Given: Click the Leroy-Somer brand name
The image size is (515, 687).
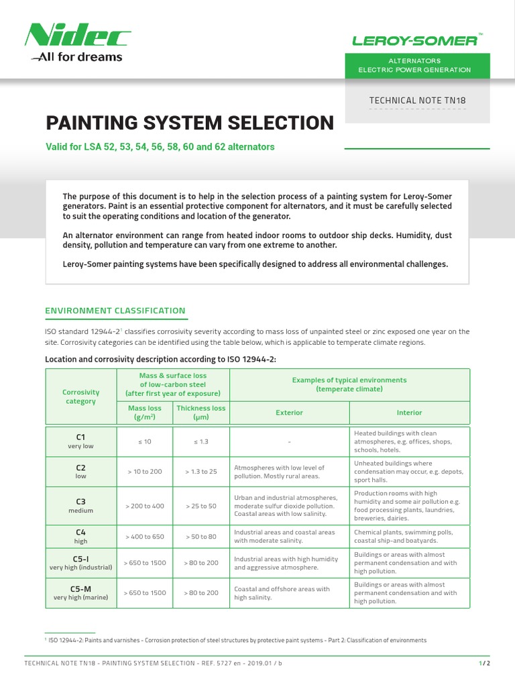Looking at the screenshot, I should pyautogui.click(x=415, y=40).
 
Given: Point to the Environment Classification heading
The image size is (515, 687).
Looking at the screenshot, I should pyautogui.click(x=115, y=311).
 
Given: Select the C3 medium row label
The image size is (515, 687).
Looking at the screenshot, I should pyautogui.click(x=80, y=505).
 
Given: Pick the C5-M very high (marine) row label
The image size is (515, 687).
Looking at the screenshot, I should pyautogui.click(x=80, y=592).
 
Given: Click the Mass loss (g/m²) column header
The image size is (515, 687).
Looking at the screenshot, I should pyautogui.click(x=145, y=412).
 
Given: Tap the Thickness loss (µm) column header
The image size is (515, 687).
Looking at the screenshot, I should pyautogui.click(x=201, y=412).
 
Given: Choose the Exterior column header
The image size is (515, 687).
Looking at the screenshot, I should pyautogui.click(x=289, y=413).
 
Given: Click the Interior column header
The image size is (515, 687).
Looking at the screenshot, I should pyautogui.click(x=409, y=413).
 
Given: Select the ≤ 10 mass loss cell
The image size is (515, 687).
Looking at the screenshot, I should pyautogui.click(x=145, y=441).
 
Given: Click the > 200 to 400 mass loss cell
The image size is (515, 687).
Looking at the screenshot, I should pyautogui.click(x=145, y=505).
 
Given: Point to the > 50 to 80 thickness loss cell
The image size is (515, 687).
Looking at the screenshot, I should pyautogui.click(x=201, y=536).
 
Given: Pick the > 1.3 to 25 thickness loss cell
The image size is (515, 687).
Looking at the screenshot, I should pyautogui.click(x=201, y=472).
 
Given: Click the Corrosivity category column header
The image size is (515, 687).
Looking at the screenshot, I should pyautogui.click(x=80, y=397).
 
